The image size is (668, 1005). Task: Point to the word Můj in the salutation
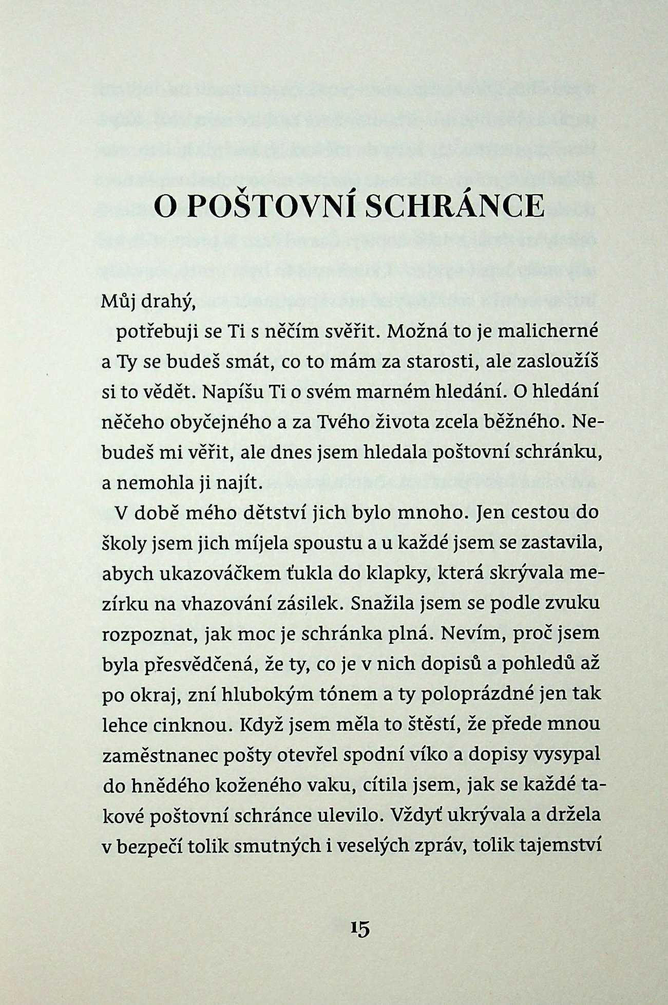coord(117,303)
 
